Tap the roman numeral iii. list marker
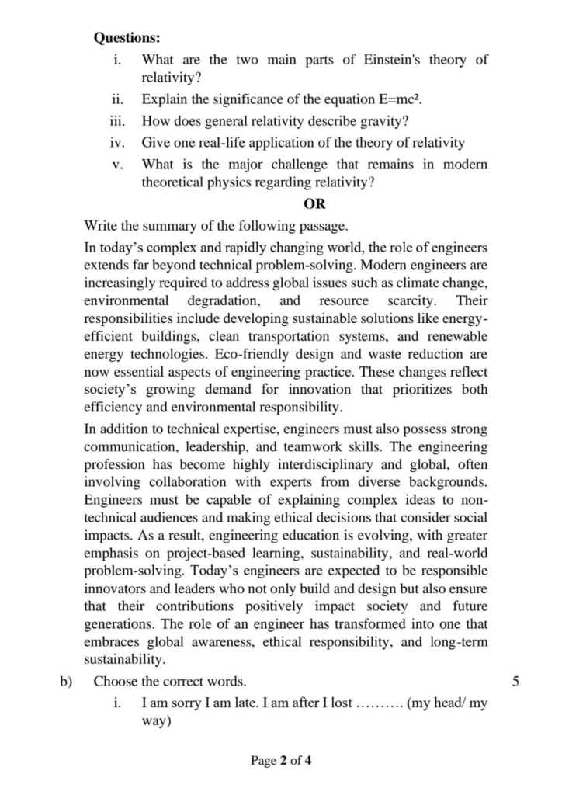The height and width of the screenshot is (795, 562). pos(117,121)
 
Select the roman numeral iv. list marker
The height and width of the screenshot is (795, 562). pos(117,142)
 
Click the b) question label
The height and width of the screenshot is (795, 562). pos(65,682)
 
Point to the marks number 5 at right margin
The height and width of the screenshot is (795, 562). pos(516,682)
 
